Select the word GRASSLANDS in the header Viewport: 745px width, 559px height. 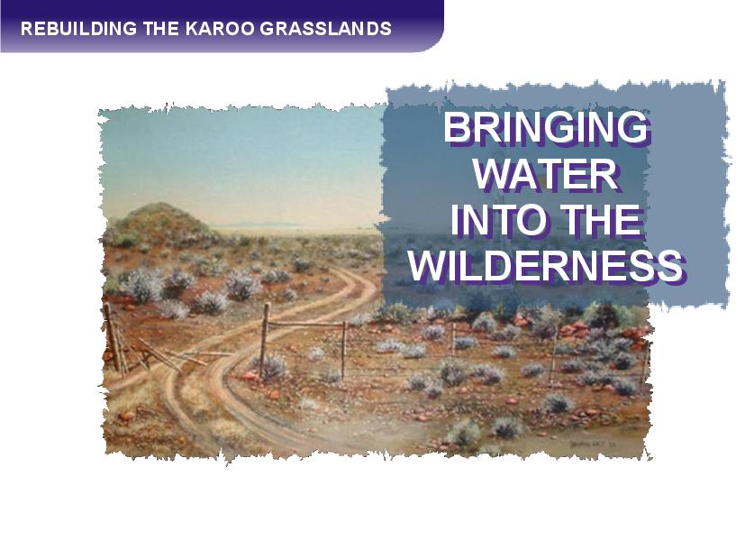click(325, 29)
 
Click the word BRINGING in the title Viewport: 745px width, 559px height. click(547, 128)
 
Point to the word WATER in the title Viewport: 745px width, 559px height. click(547, 174)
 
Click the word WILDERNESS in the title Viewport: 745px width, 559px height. click(547, 267)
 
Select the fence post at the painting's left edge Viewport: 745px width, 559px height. click(114, 336)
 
